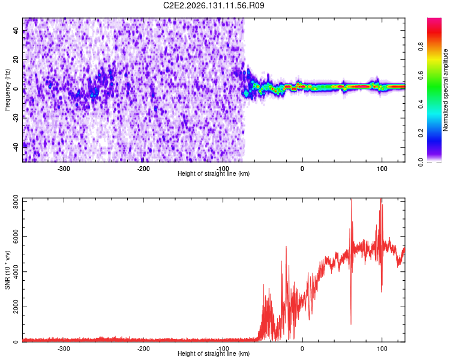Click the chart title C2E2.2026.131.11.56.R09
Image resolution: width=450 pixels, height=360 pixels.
pos(214,5)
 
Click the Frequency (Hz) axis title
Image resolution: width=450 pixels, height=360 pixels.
pos(7,89)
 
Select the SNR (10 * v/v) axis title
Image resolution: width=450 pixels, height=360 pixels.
pos(7,270)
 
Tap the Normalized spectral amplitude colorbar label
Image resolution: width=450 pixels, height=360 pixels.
pos(445,90)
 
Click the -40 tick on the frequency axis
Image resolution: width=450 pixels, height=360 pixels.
pos(16,146)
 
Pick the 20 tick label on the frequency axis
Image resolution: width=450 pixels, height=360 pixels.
pos(16,59)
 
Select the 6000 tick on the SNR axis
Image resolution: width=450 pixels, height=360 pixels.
pos(16,236)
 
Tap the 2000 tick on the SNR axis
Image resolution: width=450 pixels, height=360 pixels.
pos(16,307)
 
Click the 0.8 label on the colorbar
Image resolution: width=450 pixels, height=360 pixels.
pos(421,46)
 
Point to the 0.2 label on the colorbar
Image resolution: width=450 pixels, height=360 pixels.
pos(421,133)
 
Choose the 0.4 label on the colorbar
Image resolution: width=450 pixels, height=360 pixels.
pos(421,104)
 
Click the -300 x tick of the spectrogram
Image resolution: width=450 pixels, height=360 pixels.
pos(64,169)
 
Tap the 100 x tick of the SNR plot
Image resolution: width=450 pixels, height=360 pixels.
pos(382,349)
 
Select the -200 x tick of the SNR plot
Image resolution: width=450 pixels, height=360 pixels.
pos(143,349)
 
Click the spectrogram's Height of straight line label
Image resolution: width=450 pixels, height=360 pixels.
pos(214,173)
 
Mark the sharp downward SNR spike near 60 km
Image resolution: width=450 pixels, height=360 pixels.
pos(351,324)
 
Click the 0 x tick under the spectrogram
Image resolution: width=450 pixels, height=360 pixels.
pos(302,169)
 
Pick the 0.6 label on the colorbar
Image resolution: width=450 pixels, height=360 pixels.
pos(421,76)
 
